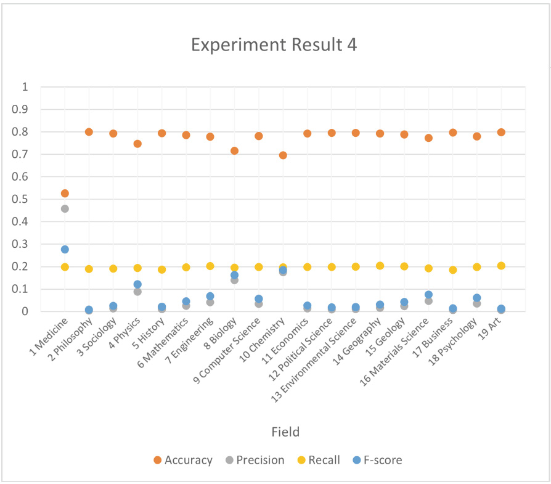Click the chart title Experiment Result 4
pyautogui.click(x=274, y=45)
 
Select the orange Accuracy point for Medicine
pyautogui.click(x=65, y=194)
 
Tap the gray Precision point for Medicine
pyautogui.click(x=65, y=209)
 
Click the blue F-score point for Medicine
pyautogui.click(x=65, y=250)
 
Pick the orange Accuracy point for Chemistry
pyautogui.click(x=283, y=155)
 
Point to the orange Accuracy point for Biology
pyautogui.click(x=234, y=151)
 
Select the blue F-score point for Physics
pyautogui.click(x=137, y=285)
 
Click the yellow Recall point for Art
pyautogui.click(x=501, y=266)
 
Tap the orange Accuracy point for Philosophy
pyautogui.click(x=89, y=132)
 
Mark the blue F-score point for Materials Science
pyautogui.click(x=428, y=295)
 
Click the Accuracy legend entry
pyautogui.click(x=183, y=460)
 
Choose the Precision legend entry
pyautogui.click(x=254, y=460)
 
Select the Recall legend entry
pyautogui.click(x=318, y=460)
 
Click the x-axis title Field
pyautogui.click(x=285, y=432)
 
